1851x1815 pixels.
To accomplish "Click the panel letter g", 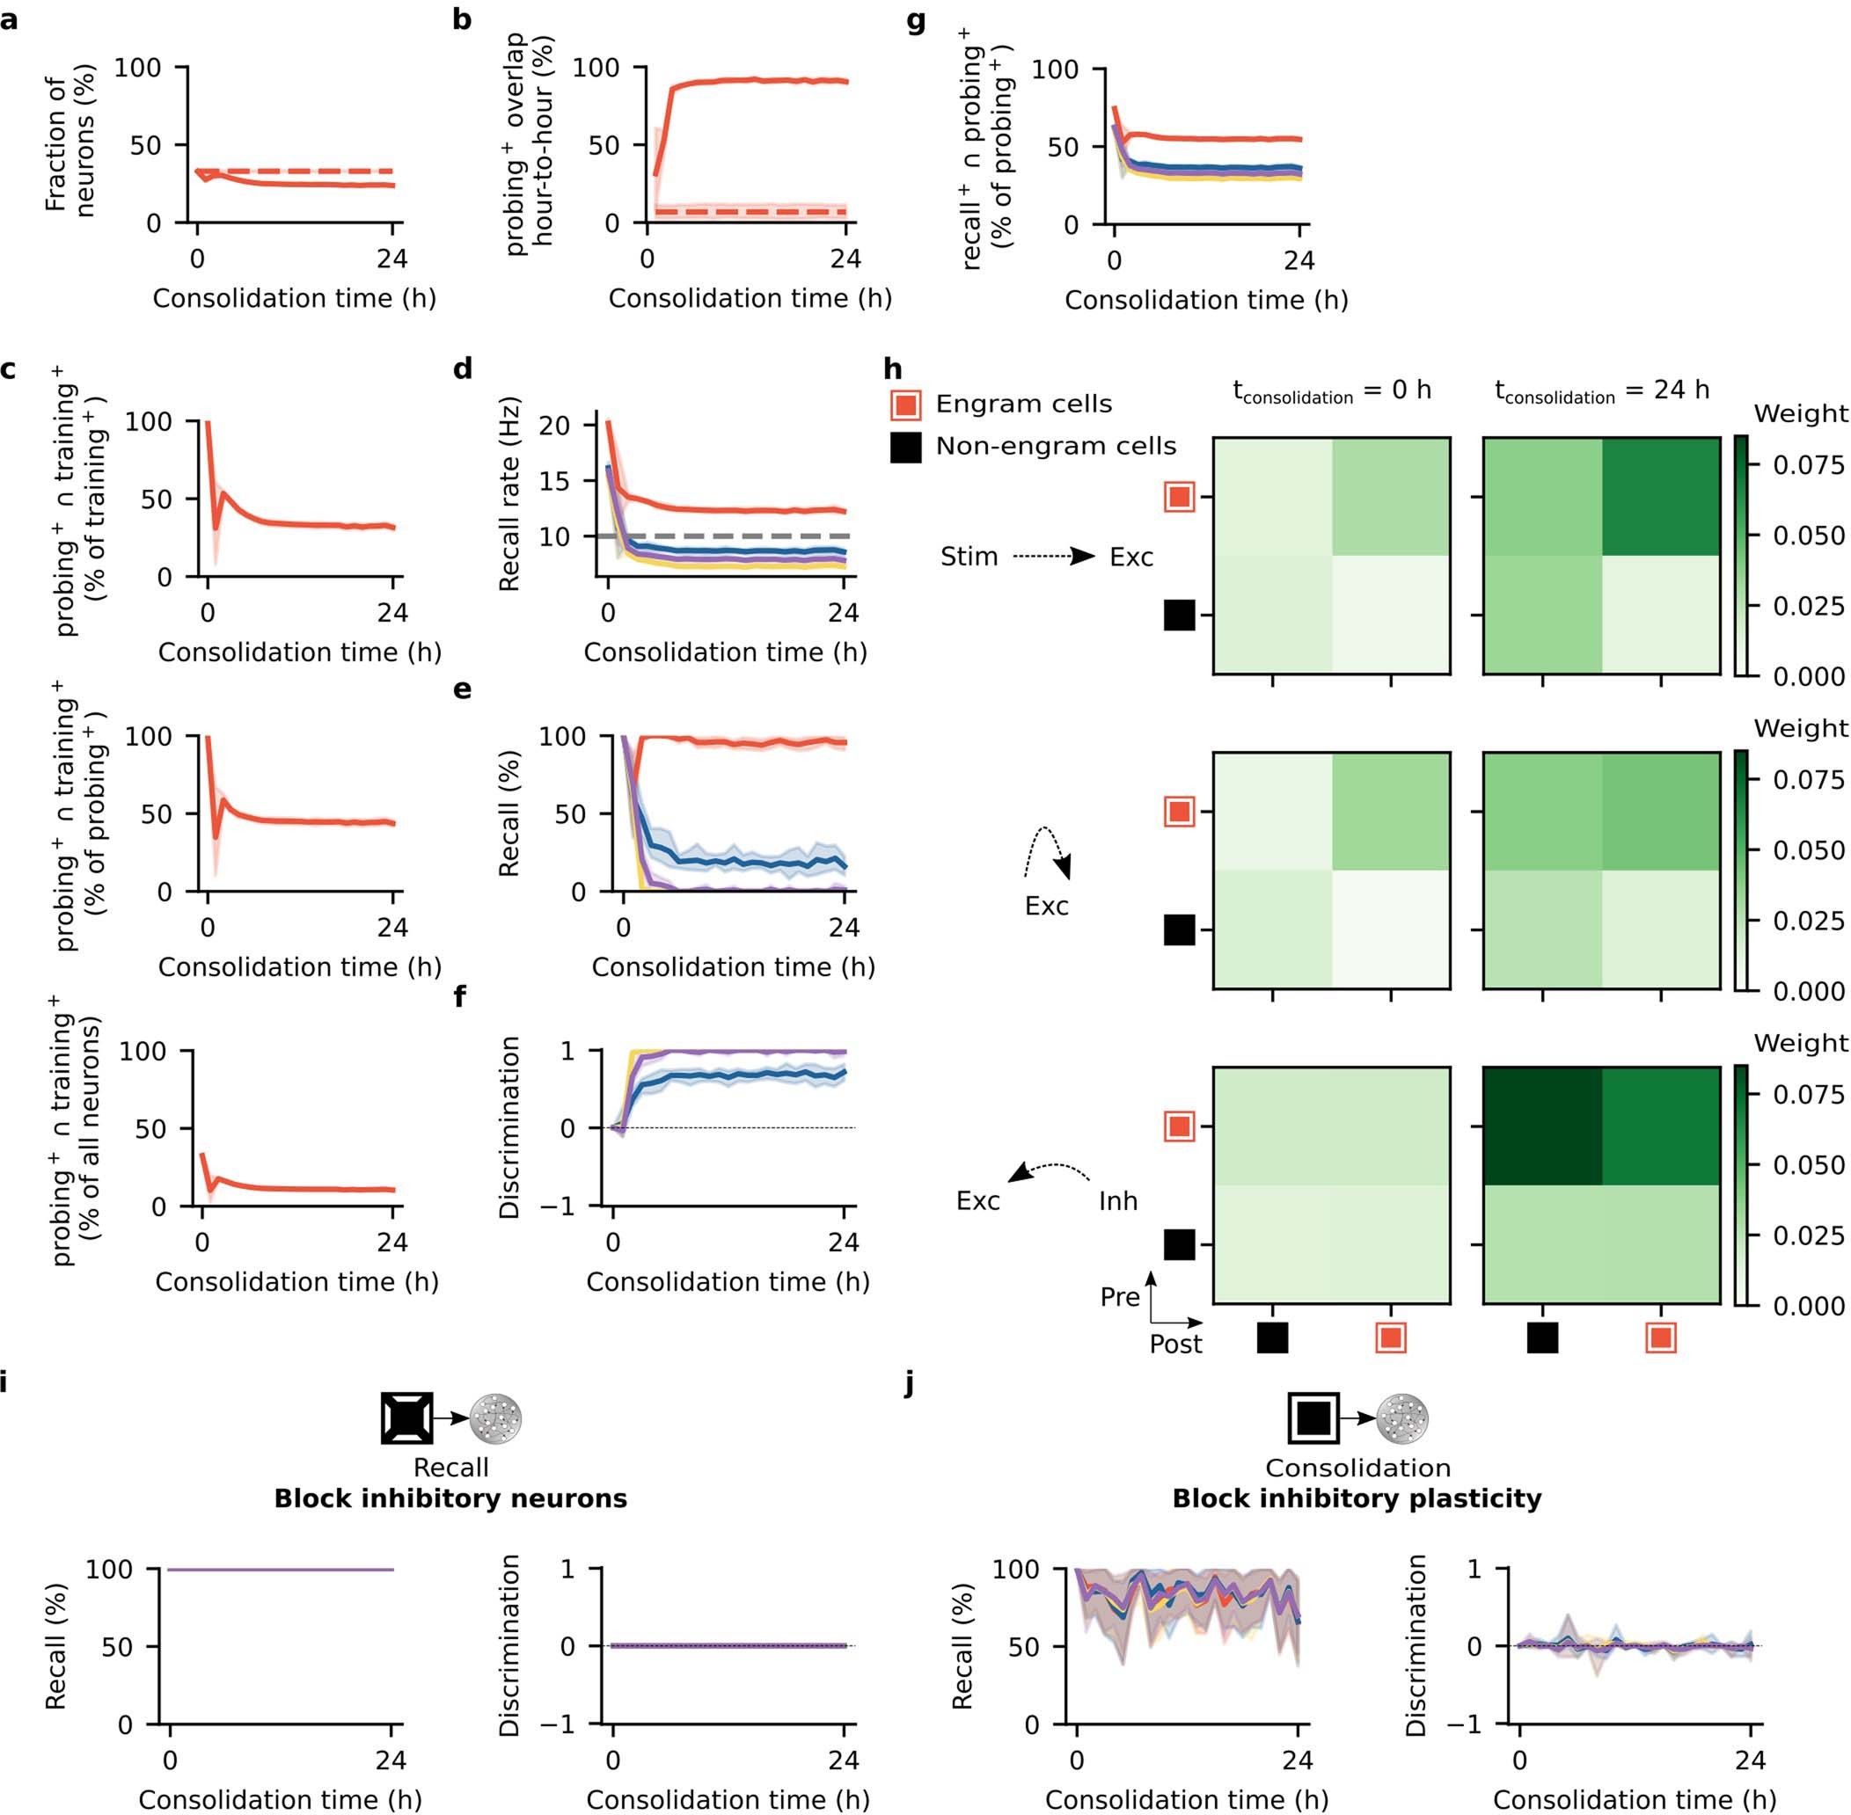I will (915, 21).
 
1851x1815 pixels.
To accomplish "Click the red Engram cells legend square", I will (905, 405).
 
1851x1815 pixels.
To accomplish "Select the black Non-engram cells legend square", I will (905, 447).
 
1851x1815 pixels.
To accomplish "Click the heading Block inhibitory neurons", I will (450, 1498).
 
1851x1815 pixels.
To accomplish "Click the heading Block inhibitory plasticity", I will (1356, 1498).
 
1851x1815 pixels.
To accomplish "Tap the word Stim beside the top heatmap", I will (968, 557).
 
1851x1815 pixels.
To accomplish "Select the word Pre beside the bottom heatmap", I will (1119, 1297).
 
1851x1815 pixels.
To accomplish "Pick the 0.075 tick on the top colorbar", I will (1807, 465).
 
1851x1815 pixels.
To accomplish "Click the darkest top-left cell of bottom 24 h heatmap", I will (1542, 1126).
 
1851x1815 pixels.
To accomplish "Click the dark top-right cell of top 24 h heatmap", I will (1660, 497).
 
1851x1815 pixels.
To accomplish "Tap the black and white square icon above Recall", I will (407, 1418).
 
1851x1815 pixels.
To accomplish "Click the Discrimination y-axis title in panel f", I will (510, 1127).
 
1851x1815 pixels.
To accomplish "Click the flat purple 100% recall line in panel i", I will (282, 1570).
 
